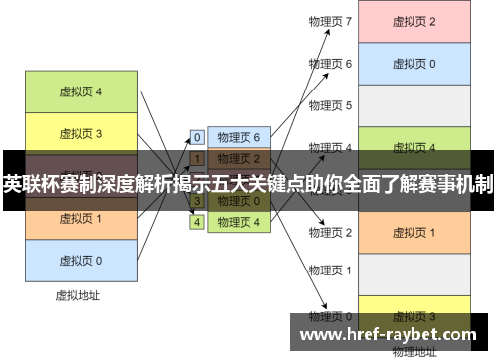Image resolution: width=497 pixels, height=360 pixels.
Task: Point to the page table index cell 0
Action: coord(197,138)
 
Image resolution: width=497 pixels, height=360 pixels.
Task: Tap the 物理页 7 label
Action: coord(330,21)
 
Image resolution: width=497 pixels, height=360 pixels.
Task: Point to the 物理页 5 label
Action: coord(330,105)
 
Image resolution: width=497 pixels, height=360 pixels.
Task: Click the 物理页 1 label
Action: coord(330,270)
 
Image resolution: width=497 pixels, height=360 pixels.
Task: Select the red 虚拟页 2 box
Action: coord(414,21)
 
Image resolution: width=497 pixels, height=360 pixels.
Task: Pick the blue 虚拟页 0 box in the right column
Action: coord(414,64)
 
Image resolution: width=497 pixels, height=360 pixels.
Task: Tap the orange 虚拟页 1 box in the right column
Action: coord(414,232)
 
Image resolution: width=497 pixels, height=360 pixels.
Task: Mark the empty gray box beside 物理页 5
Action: coord(414,105)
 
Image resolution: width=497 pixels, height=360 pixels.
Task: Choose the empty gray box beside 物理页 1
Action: coord(414,272)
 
